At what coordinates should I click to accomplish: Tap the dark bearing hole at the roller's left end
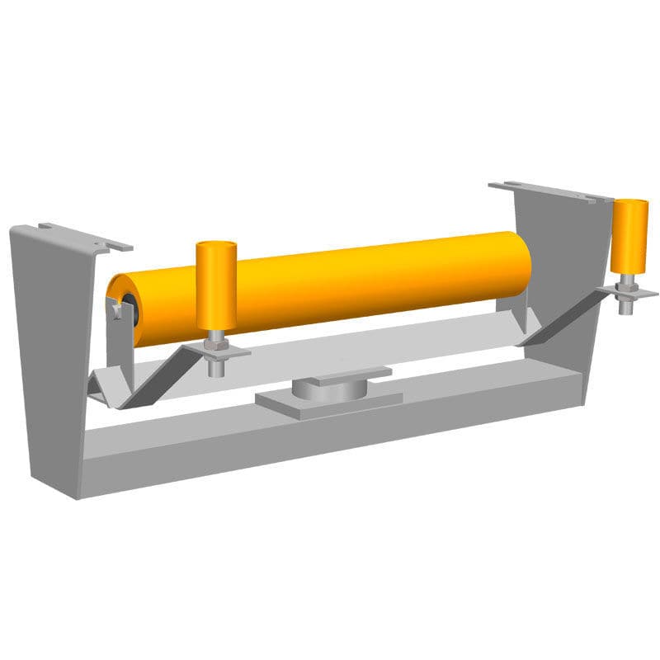tap(125, 301)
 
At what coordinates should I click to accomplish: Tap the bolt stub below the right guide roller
tap(627, 307)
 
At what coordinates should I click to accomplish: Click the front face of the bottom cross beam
tap(330, 450)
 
